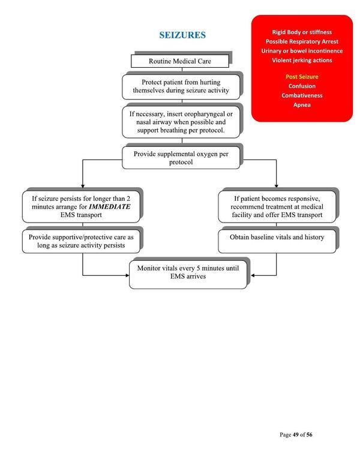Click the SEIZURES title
coord(182,35)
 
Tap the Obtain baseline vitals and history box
coord(277,237)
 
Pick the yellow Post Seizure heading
coord(298,77)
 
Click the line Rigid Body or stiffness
coord(298,32)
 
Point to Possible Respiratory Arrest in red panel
coord(298,41)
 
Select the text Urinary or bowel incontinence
coord(298,50)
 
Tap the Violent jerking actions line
coord(298,60)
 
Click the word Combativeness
coord(298,95)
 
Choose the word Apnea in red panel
coord(298,105)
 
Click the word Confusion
coord(298,86)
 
